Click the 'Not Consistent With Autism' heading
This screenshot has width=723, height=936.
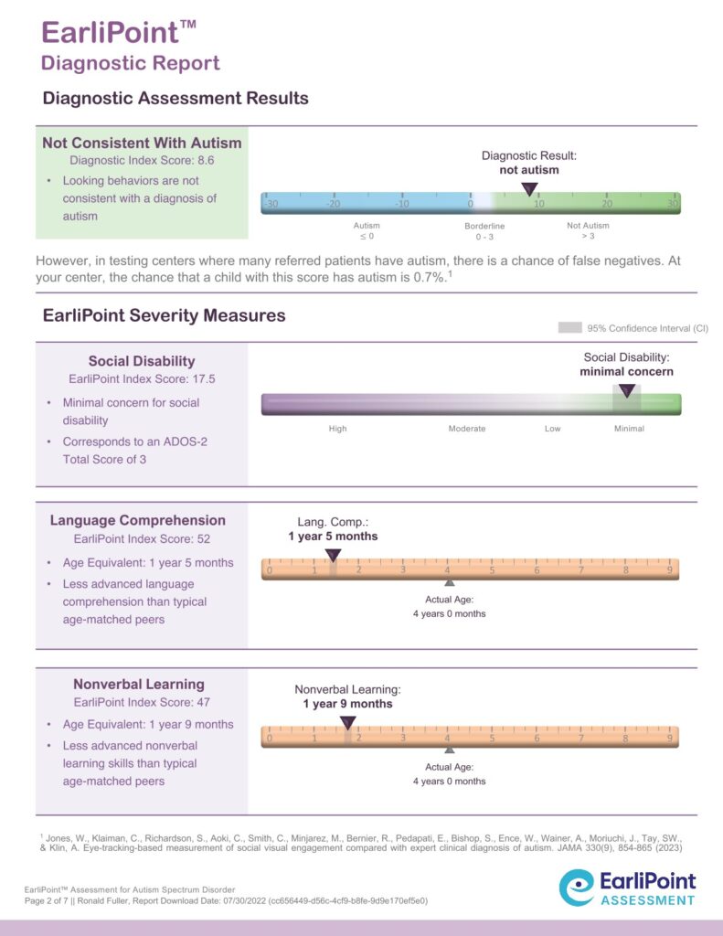[x=142, y=143]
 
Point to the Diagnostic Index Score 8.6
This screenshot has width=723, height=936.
[x=142, y=160]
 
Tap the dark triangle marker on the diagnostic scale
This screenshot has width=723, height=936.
[x=529, y=188]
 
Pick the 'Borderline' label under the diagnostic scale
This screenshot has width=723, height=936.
[x=484, y=226]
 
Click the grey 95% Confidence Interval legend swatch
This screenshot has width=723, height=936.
[x=569, y=327]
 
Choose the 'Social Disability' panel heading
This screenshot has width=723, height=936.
[x=142, y=361]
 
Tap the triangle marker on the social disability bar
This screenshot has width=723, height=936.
[x=626, y=390]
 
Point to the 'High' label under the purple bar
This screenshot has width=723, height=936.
[x=338, y=429]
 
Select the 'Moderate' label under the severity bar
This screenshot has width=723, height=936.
[x=466, y=429]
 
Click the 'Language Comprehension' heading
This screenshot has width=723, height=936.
[x=138, y=521]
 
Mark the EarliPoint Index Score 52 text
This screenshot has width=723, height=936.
[x=142, y=539]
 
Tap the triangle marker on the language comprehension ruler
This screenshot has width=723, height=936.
[x=333, y=555]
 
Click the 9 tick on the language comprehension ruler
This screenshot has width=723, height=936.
[x=670, y=571]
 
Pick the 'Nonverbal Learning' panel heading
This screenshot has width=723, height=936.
[x=139, y=684]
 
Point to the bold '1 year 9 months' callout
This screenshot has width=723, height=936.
[x=347, y=704]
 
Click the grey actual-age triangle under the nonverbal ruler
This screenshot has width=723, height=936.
[x=449, y=749]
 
